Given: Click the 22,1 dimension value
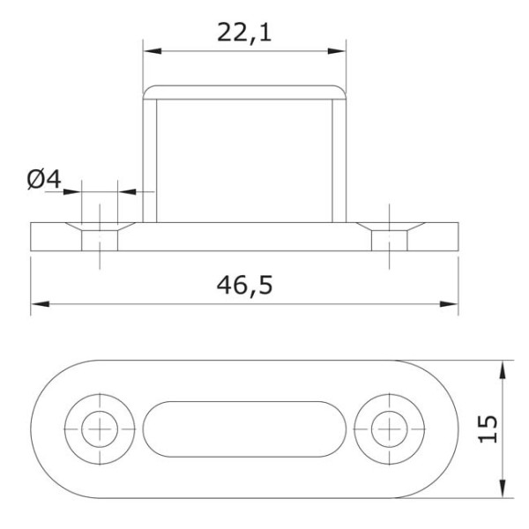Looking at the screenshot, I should [x=246, y=32].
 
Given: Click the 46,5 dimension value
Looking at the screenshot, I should [x=245, y=286].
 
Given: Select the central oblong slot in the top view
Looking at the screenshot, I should [x=244, y=429].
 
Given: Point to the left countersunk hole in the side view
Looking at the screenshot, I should [x=99, y=235].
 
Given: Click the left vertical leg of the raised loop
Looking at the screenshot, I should [x=150, y=159].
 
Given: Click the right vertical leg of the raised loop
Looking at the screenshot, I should [x=339, y=159].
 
